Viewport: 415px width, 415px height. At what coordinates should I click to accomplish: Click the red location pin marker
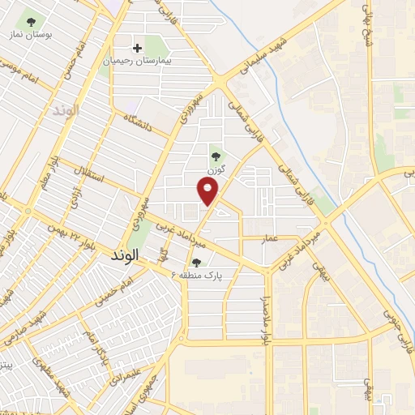[x=208, y=190]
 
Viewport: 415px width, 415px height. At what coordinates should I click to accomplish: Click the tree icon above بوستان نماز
[x=32, y=22]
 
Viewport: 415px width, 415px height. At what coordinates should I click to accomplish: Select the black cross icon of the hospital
[x=137, y=48]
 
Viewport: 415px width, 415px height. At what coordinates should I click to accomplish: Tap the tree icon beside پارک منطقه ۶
[x=197, y=262]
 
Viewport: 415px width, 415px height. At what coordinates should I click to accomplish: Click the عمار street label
[x=270, y=237]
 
